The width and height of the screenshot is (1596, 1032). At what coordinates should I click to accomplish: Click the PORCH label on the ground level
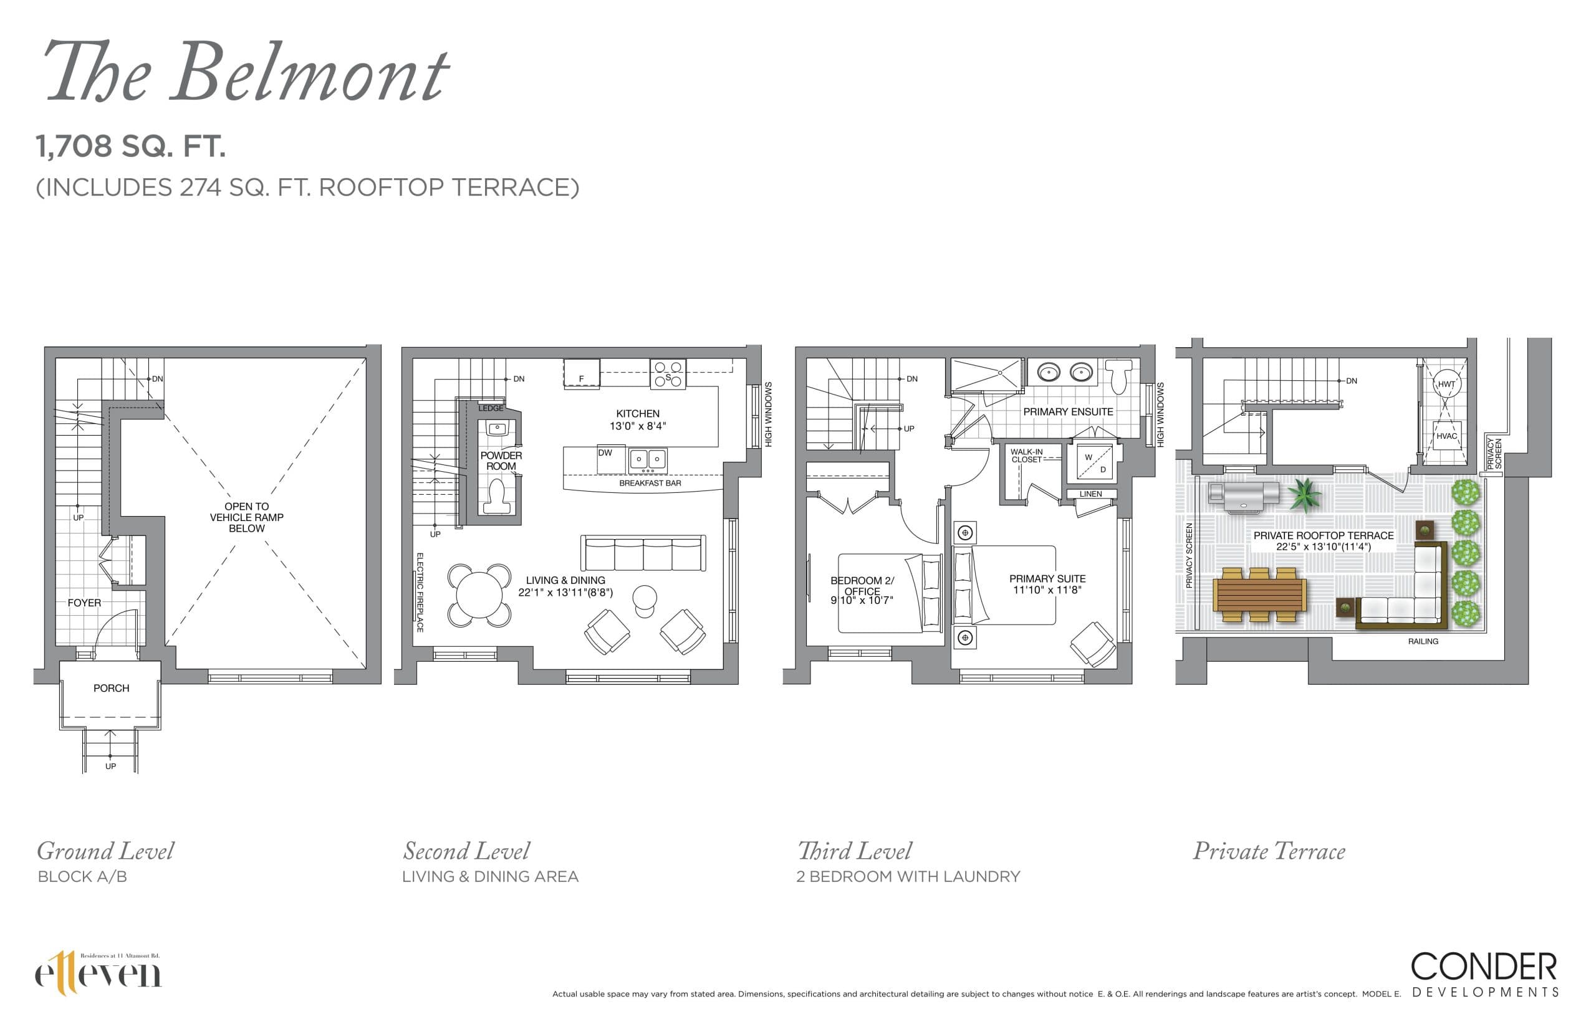pos(111,688)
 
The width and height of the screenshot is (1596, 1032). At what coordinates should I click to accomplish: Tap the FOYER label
pos(84,603)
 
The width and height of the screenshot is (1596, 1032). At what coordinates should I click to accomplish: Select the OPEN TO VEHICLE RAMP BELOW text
pos(247,517)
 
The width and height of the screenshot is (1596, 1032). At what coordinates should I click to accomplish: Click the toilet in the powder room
pos(498,497)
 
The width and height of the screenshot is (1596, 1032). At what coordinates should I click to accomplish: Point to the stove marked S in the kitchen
pos(668,375)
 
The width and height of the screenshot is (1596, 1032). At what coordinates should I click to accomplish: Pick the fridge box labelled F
pos(581,373)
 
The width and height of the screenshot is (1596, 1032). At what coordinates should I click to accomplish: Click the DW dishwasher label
pos(605,453)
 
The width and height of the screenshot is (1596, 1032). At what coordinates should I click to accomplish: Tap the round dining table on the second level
pos(479,595)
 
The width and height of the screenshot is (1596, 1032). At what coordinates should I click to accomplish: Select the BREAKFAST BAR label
pos(650,483)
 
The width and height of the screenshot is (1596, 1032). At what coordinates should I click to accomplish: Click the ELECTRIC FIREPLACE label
pos(420,593)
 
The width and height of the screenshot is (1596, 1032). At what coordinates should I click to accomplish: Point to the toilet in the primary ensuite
pos(1118,376)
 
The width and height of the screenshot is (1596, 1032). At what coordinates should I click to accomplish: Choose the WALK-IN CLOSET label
pos(1026,456)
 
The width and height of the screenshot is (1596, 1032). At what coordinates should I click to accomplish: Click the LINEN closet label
pos(1090,494)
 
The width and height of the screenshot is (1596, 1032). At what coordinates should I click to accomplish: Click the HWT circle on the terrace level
pos(1446,384)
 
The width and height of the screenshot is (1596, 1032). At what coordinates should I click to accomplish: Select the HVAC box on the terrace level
pos(1446,436)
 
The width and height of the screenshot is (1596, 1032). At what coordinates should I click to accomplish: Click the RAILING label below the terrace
pos(1423,641)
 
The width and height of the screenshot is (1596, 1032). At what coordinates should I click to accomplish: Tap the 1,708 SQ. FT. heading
pos(131,146)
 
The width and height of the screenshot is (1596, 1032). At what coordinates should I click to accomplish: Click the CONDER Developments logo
pos(1484,973)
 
